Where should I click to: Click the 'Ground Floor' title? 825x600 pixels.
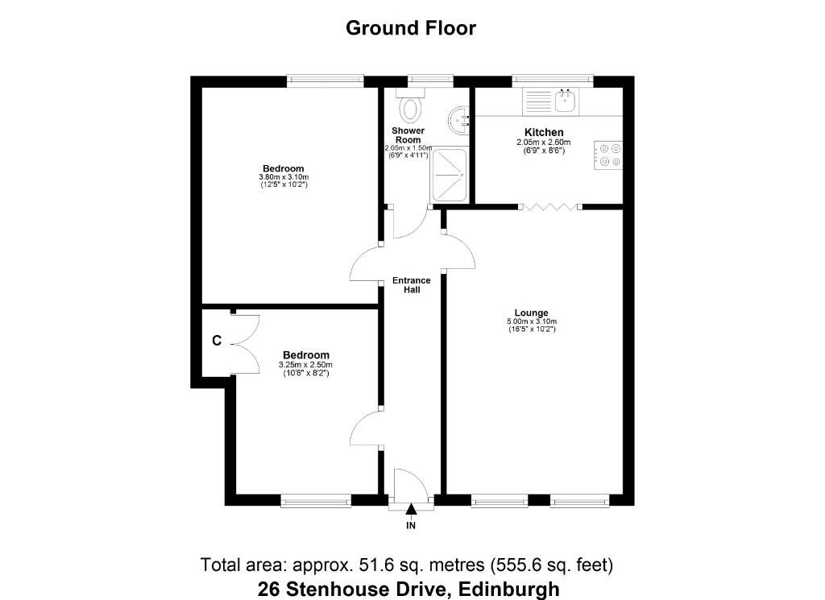click(411, 28)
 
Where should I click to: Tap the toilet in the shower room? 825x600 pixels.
click(412, 106)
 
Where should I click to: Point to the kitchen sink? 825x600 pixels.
click(563, 101)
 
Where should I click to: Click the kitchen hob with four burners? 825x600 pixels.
click(608, 155)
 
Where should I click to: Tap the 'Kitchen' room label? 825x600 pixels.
click(544, 132)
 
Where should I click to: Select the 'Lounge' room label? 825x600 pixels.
click(531, 313)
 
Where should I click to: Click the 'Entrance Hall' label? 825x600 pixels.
click(411, 285)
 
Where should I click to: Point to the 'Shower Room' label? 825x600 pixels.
click(408, 135)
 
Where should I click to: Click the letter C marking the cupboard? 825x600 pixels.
click(216, 341)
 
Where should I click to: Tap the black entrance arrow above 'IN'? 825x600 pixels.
click(411, 509)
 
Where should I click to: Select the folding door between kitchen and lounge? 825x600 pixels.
click(549, 208)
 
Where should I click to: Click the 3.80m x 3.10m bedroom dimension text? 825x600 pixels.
click(284, 177)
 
